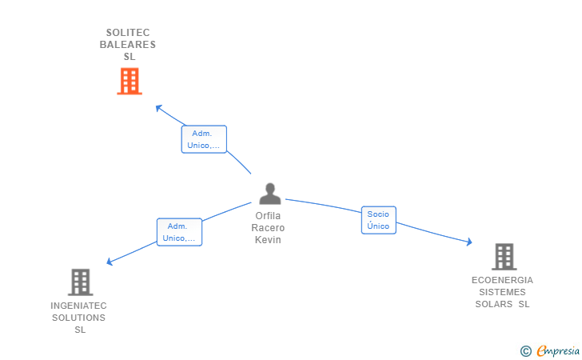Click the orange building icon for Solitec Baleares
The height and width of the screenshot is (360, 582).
(x=129, y=82)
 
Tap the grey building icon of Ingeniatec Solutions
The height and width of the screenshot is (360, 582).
(x=80, y=282)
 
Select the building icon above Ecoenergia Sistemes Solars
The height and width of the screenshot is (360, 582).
(x=503, y=257)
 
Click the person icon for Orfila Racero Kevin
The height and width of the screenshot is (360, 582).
(x=270, y=194)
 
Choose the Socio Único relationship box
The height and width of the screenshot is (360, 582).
(x=378, y=220)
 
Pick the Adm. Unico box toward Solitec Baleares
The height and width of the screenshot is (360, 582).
(x=204, y=139)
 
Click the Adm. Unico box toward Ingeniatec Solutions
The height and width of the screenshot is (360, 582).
(x=179, y=232)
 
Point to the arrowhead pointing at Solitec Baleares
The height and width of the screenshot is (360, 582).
(x=158, y=107)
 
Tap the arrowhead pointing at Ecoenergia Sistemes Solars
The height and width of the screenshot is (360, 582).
(x=469, y=242)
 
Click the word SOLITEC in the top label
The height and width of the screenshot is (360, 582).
(x=128, y=33)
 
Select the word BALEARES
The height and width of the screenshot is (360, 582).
(x=128, y=45)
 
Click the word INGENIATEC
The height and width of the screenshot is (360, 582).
(x=78, y=306)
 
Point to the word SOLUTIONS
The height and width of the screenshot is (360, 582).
(x=78, y=318)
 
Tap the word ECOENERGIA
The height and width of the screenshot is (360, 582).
(x=502, y=280)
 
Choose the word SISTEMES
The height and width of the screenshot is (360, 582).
(x=502, y=292)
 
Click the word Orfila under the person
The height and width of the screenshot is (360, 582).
(x=269, y=216)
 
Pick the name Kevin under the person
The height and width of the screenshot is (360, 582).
(x=269, y=240)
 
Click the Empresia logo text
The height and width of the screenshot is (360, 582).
(x=558, y=350)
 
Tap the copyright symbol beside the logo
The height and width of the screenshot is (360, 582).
(x=525, y=350)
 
